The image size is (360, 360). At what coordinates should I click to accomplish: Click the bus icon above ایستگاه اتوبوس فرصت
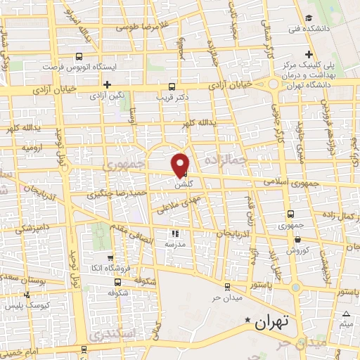[x=79, y=56]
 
